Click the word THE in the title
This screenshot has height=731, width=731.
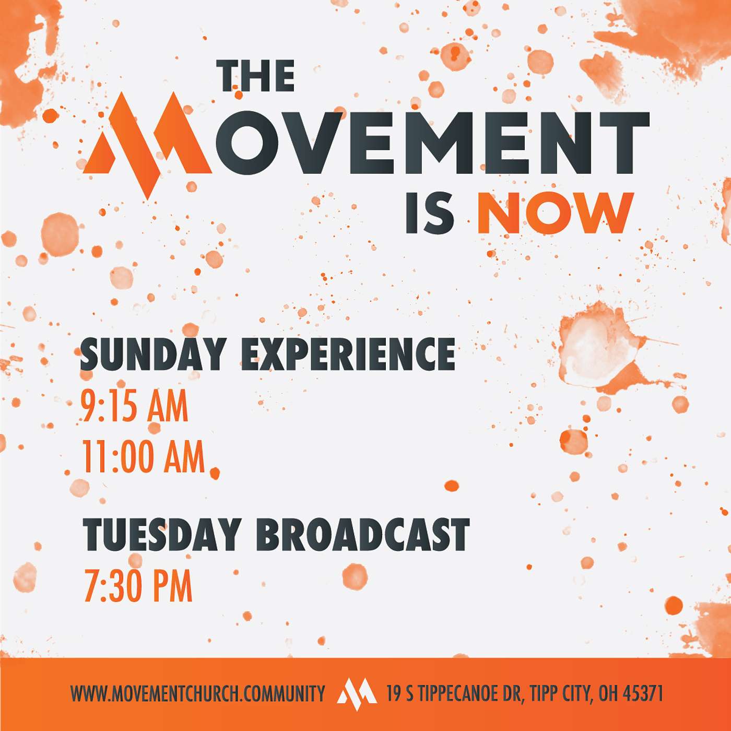(256, 76)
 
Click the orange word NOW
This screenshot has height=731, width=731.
(555, 213)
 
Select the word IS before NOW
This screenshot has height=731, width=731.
(430, 213)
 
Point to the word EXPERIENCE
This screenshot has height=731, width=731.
(347, 354)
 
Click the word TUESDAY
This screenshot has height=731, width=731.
(161, 535)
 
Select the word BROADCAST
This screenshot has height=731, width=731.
(363, 535)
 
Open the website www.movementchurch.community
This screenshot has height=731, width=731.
(197, 693)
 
